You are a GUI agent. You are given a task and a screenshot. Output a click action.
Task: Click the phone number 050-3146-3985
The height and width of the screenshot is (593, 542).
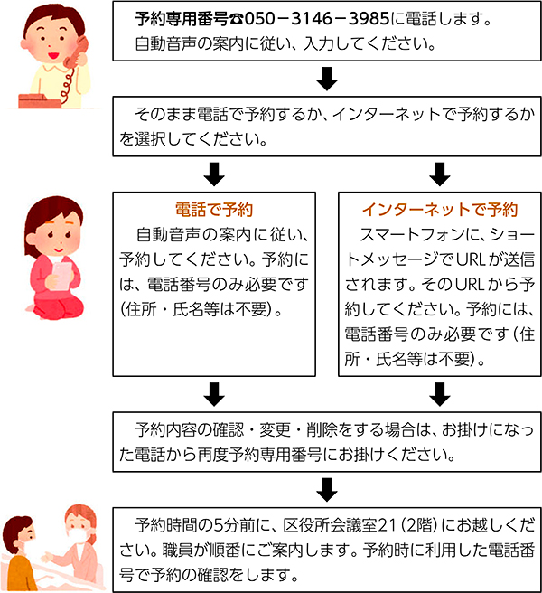(x=317, y=18)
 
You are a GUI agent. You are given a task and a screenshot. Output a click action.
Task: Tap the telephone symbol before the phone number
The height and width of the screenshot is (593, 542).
(x=237, y=19)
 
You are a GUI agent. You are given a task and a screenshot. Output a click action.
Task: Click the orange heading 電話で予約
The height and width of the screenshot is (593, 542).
(x=214, y=210)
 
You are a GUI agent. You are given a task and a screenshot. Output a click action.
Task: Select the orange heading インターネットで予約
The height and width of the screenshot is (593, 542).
(x=440, y=210)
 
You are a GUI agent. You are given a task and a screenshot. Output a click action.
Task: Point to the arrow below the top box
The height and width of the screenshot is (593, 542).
(x=327, y=79)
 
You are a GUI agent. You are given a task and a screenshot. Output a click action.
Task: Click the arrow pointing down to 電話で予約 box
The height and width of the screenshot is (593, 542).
(x=214, y=174)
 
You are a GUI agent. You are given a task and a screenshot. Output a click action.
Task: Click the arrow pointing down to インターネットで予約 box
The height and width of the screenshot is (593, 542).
(x=440, y=174)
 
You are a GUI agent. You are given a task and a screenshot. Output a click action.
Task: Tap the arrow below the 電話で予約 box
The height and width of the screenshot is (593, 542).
(x=214, y=394)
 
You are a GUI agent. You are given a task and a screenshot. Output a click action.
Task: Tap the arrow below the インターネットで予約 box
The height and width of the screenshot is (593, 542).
(x=440, y=394)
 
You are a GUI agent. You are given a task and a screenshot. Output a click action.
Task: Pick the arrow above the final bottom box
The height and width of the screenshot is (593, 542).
(x=327, y=490)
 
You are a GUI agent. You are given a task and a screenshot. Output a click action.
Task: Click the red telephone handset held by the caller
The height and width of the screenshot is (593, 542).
(x=77, y=52)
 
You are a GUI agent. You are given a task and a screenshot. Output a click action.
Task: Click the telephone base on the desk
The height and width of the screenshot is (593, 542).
(x=39, y=101)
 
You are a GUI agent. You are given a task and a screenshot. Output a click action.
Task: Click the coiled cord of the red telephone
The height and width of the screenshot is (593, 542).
(x=67, y=86)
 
